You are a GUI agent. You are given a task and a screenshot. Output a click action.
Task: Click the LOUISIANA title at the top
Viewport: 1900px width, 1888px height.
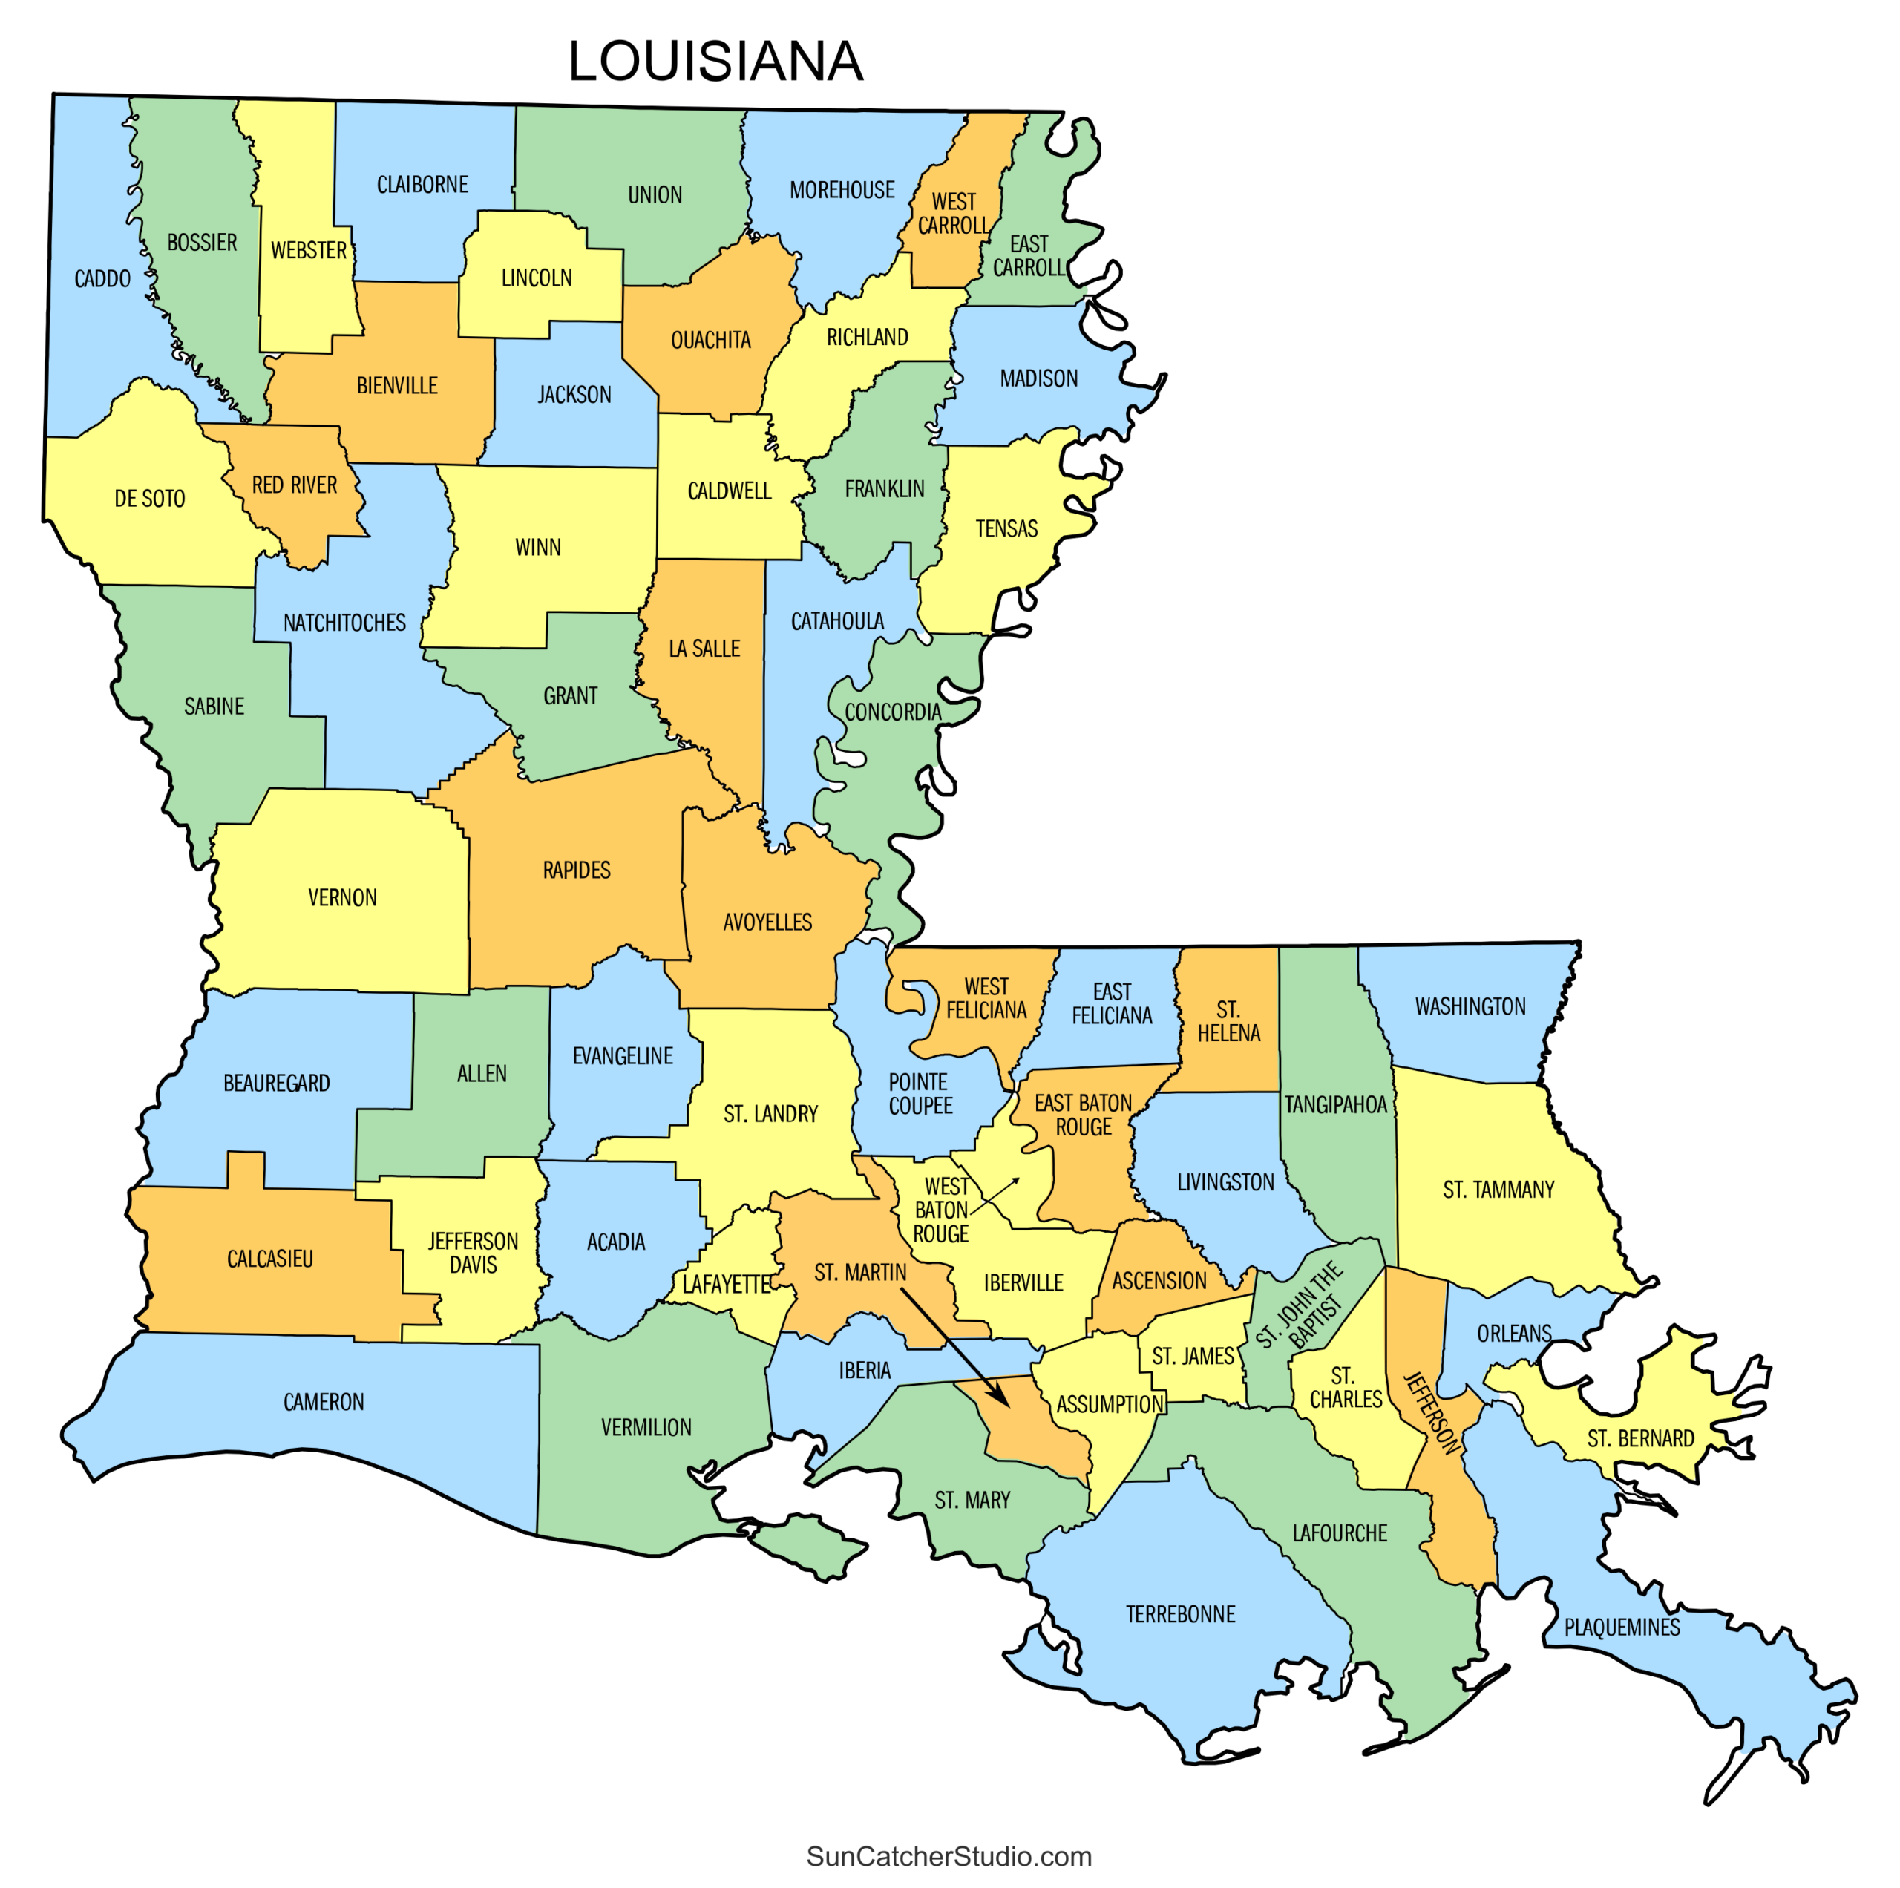pyautogui.click(x=715, y=62)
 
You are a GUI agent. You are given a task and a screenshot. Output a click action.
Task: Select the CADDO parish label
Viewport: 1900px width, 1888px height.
pyautogui.click(x=102, y=279)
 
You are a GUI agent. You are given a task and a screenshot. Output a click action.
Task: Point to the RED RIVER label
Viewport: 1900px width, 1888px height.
pyautogui.click(x=294, y=485)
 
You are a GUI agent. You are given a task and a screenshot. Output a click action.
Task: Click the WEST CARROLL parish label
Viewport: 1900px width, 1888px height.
pyautogui.click(x=953, y=214)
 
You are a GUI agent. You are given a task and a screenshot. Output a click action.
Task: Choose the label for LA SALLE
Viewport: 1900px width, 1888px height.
pyautogui.click(x=704, y=649)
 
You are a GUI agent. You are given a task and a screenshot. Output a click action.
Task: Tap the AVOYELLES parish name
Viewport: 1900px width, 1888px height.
pyautogui.click(x=767, y=922)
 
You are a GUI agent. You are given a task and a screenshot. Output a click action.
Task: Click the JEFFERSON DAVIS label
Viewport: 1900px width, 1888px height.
pyautogui.click(x=473, y=1253)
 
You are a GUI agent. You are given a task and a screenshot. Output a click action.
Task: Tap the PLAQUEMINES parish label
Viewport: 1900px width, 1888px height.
pyautogui.click(x=1622, y=1628)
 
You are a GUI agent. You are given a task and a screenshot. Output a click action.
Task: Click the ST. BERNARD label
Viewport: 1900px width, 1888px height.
pyautogui.click(x=1640, y=1438)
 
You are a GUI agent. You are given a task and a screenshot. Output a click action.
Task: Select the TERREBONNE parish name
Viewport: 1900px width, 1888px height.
pyautogui.click(x=1180, y=1613)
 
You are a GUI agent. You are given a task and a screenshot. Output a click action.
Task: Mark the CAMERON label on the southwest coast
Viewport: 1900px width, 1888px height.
pyautogui.click(x=324, y=1402)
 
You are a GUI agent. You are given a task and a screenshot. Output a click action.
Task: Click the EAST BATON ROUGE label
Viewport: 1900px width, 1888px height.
pyautogui.click(x=1083, y=1115)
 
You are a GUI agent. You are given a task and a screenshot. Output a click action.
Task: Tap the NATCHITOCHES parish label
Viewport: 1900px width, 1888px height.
pyautogui.click(x=344, y=623)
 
